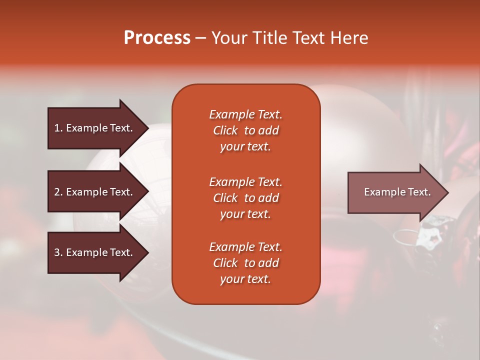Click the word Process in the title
coord(157,38)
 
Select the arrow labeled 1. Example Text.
coord(98,128)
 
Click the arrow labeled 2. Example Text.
coord(98,192)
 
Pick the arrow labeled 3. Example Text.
coord(98,252)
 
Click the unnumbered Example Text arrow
coord(398,192)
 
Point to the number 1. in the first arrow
coord(58,128)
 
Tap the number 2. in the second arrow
coord(58,192)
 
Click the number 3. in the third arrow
coord(58,252)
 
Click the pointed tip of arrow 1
coord(149,128)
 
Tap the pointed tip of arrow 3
coord(149,252)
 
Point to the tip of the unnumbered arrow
coord(448,192)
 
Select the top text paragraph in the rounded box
coord(246,130)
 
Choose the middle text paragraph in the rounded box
coord(246,198)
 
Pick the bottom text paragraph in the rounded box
coord(246,263)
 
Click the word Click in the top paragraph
coord(225,130)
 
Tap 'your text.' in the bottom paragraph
coord(245,279)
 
